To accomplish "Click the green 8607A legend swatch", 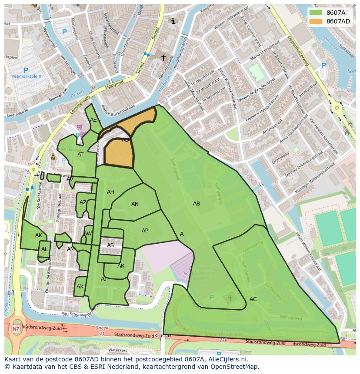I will pyautogui.click(x=316, y=13).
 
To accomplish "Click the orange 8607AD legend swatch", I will pyautogui.click(x=316, y=21).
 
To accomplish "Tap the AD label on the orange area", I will pyautogui.click(x=125, y=140).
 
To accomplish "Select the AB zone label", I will pyautogui.click(x=197, y=203).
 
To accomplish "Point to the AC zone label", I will pyautogui.click(x=253, y=299).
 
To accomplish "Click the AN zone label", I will pyautogui.click(x=135, y=204).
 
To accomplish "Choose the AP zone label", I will pyautogui.click(x=145, y=231).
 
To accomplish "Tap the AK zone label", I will pyautogui.click(x=39, y=235).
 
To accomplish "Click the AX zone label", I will pyautogui.click(x=80, y=287).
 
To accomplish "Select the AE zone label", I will pyautogui.click(x=93, y=120).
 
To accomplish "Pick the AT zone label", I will pyautogui.click(x=80, y=155).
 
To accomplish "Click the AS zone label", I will pyautogui.click(x=110, y=245).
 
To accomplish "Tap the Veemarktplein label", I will pyautogui.click(x=26, y=76).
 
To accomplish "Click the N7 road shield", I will pyautogui.click(x=16, y=329).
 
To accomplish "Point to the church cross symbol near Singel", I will pyautogui.click(x=163, y=57).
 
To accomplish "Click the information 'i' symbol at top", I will pyautogui.click(x=173, y=21).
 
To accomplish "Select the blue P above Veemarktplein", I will pyautogui.click(x=26, y=70).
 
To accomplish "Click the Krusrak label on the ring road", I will pyautogui.click(x=163, y=336).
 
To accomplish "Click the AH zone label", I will pyautogui.click(x=110, y=192).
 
